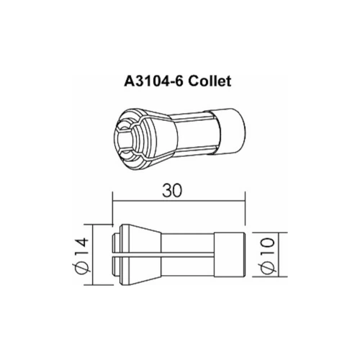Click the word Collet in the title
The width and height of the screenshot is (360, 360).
pos(210,81)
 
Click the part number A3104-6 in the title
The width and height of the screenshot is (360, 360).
pos(154,81)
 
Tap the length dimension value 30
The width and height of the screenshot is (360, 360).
pos(172,191)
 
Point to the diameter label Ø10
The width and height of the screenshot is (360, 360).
pos(267,255)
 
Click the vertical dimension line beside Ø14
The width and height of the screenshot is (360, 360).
pos(93,255)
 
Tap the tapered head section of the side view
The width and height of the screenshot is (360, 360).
pos(141,255)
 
